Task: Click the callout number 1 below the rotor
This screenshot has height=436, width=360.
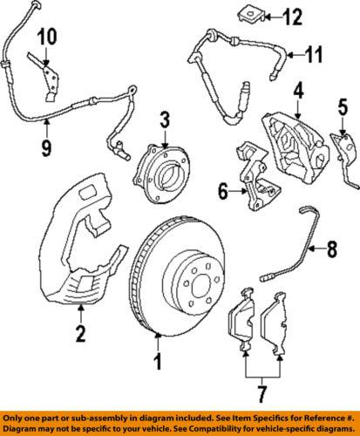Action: click(158, 358)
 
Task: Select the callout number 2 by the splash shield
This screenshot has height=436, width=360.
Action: click(80, 331)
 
